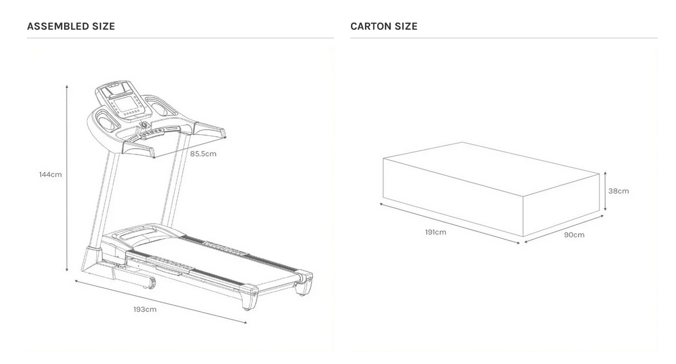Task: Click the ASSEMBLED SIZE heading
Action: tap(71, 26)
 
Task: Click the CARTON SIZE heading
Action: tap(384, 26)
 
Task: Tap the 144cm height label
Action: tap(50, 175)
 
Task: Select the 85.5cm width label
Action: tap(203, 154)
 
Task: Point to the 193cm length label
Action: tap(145, 309)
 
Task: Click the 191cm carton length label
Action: tap(435, 232)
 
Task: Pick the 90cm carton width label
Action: tap(574, 235)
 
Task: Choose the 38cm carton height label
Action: tap(619, 191)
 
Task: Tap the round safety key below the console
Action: tap(144, 125)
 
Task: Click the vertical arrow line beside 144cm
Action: tap(67, 179)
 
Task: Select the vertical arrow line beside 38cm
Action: tap(605, 191)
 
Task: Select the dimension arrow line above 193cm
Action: tap(161, 302)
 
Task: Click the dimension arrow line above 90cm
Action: tap(564, 229)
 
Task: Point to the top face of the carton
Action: tap(491, 173)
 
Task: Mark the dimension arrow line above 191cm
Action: tap(450, 223)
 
